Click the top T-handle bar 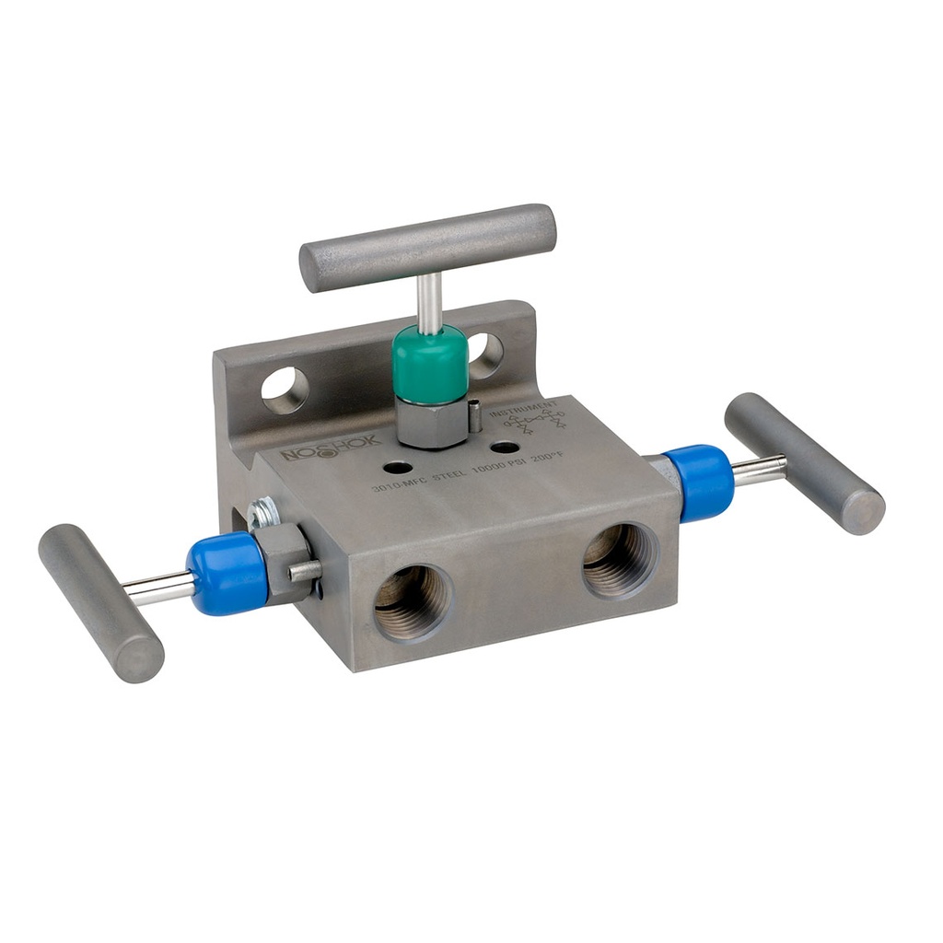coord(428,248)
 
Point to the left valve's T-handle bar coord(100,602)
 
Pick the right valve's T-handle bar coord(804,462)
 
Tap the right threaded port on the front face coord(620,558)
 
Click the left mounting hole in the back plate coord(285,390)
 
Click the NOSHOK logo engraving coord(331,448)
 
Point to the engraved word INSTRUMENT coord(523,409)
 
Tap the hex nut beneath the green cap coord(431,422)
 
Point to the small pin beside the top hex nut coord(474,415)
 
